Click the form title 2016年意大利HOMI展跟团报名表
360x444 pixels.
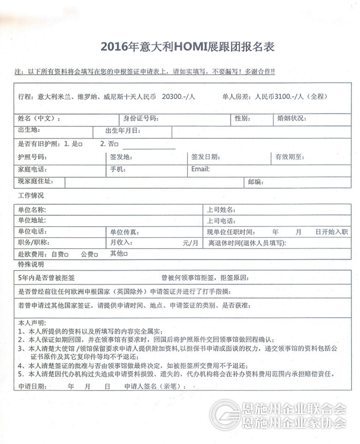[x=187, y=47]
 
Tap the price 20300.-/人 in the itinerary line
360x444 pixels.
[x=179, y=97]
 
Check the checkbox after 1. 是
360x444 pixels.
[x=80, y=144]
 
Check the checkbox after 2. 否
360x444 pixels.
[x=117, y=144]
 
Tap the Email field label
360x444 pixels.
[x=200, y=169]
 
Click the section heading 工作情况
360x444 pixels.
[x=31, y=195]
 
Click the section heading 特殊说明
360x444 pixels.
[x=31, y=264]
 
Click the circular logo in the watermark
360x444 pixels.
[x=225, y=414]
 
